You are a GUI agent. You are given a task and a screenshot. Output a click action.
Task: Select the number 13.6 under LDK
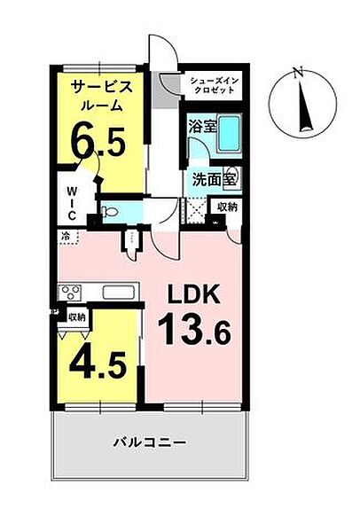(x=194, y=328)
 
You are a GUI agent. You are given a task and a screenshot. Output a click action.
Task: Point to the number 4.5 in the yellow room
(x=98, y=365)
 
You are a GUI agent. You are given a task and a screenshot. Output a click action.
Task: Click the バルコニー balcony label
(x=150, y=442)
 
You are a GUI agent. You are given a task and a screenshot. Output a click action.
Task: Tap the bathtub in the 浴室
(x=229, y=135)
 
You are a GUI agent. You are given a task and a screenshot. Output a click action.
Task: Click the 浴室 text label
(x=202, y=127)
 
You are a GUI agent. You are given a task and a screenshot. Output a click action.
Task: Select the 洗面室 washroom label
(x=214, y=180)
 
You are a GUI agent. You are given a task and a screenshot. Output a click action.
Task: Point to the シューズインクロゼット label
(x=215, y=85)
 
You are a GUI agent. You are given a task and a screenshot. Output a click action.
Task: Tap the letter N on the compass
(x=299, y=73)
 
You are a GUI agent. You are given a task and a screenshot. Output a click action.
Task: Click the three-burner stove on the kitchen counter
(x=70, y=293)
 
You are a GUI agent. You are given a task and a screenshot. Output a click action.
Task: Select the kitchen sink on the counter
(x=120, y=293)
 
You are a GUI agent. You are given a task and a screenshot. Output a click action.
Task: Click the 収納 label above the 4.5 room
(x=77, y=317)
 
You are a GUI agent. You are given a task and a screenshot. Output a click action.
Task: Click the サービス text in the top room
(x=101, y=88)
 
